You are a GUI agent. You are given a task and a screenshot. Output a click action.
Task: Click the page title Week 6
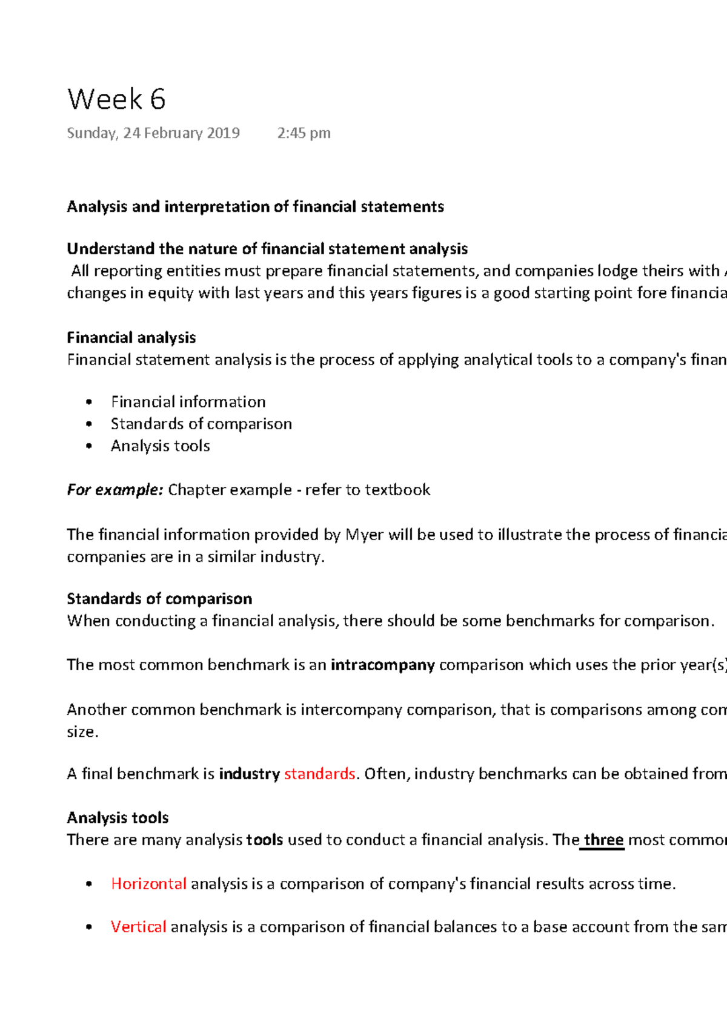pos(116,99)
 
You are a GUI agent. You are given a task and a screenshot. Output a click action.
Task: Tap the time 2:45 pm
pos(304,133)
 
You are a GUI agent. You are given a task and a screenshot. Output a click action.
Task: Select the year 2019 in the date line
pos(223,133)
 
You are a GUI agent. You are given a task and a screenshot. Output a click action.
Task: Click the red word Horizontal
pos(148,884)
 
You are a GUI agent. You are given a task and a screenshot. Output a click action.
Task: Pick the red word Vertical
pos(138,927)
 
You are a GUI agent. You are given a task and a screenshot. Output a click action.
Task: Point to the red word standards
pos(319,774)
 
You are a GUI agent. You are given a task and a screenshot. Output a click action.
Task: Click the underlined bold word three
pos(603,840)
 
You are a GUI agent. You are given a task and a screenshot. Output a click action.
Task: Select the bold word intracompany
pos(382,665)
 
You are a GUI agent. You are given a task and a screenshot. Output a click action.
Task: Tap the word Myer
pos(364,535)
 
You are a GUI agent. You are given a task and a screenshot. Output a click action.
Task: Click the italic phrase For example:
pos(115,490)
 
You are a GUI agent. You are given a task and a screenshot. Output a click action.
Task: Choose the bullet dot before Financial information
pos(89,402)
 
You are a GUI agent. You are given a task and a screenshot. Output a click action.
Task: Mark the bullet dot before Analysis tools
pos(89,446)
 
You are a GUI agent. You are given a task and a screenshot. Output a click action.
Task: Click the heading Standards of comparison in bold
pos(159,599)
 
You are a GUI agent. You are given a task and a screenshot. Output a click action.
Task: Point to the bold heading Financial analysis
pos(131,338)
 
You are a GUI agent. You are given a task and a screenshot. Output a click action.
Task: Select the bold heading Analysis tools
pos(118,818)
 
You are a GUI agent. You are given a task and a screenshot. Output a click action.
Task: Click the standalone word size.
pos(82,732)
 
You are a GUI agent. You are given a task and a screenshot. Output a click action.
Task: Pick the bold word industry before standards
pos(249,774)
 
